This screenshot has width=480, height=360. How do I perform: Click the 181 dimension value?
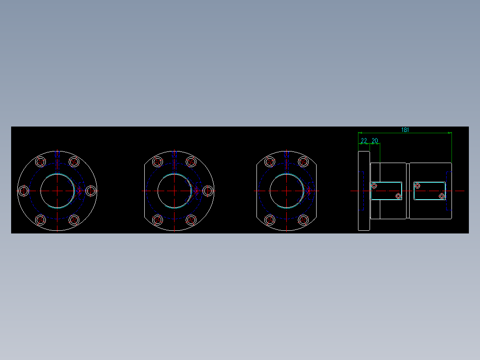(405, 130)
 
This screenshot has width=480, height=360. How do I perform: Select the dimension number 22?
(364, 141)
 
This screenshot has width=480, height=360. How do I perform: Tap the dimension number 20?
(375, 141)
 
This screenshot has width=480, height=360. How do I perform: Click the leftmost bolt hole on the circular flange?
(24, 191)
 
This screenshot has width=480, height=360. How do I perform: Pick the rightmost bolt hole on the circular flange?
(91, 191)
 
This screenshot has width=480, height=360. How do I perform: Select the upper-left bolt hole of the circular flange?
(41, 162)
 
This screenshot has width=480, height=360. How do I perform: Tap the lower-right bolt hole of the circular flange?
(74, 220)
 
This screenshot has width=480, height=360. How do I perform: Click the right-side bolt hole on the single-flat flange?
(207, 191)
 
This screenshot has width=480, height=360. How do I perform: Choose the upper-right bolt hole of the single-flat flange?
(191, 162)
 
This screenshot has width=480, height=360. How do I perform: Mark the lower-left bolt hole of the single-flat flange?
(157, 220)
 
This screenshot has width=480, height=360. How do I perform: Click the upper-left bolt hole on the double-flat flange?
(269, 162)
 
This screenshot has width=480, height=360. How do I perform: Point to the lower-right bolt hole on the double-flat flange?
(303, 220)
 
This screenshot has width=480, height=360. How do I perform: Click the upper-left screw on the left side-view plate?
(374, 185)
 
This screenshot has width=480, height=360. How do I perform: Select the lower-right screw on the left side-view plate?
(399, 196)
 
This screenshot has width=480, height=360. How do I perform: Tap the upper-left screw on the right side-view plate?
(417, 185)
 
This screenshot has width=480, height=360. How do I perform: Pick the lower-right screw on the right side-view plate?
(442, 196)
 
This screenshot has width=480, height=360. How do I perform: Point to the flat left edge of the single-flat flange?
(144, 191)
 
